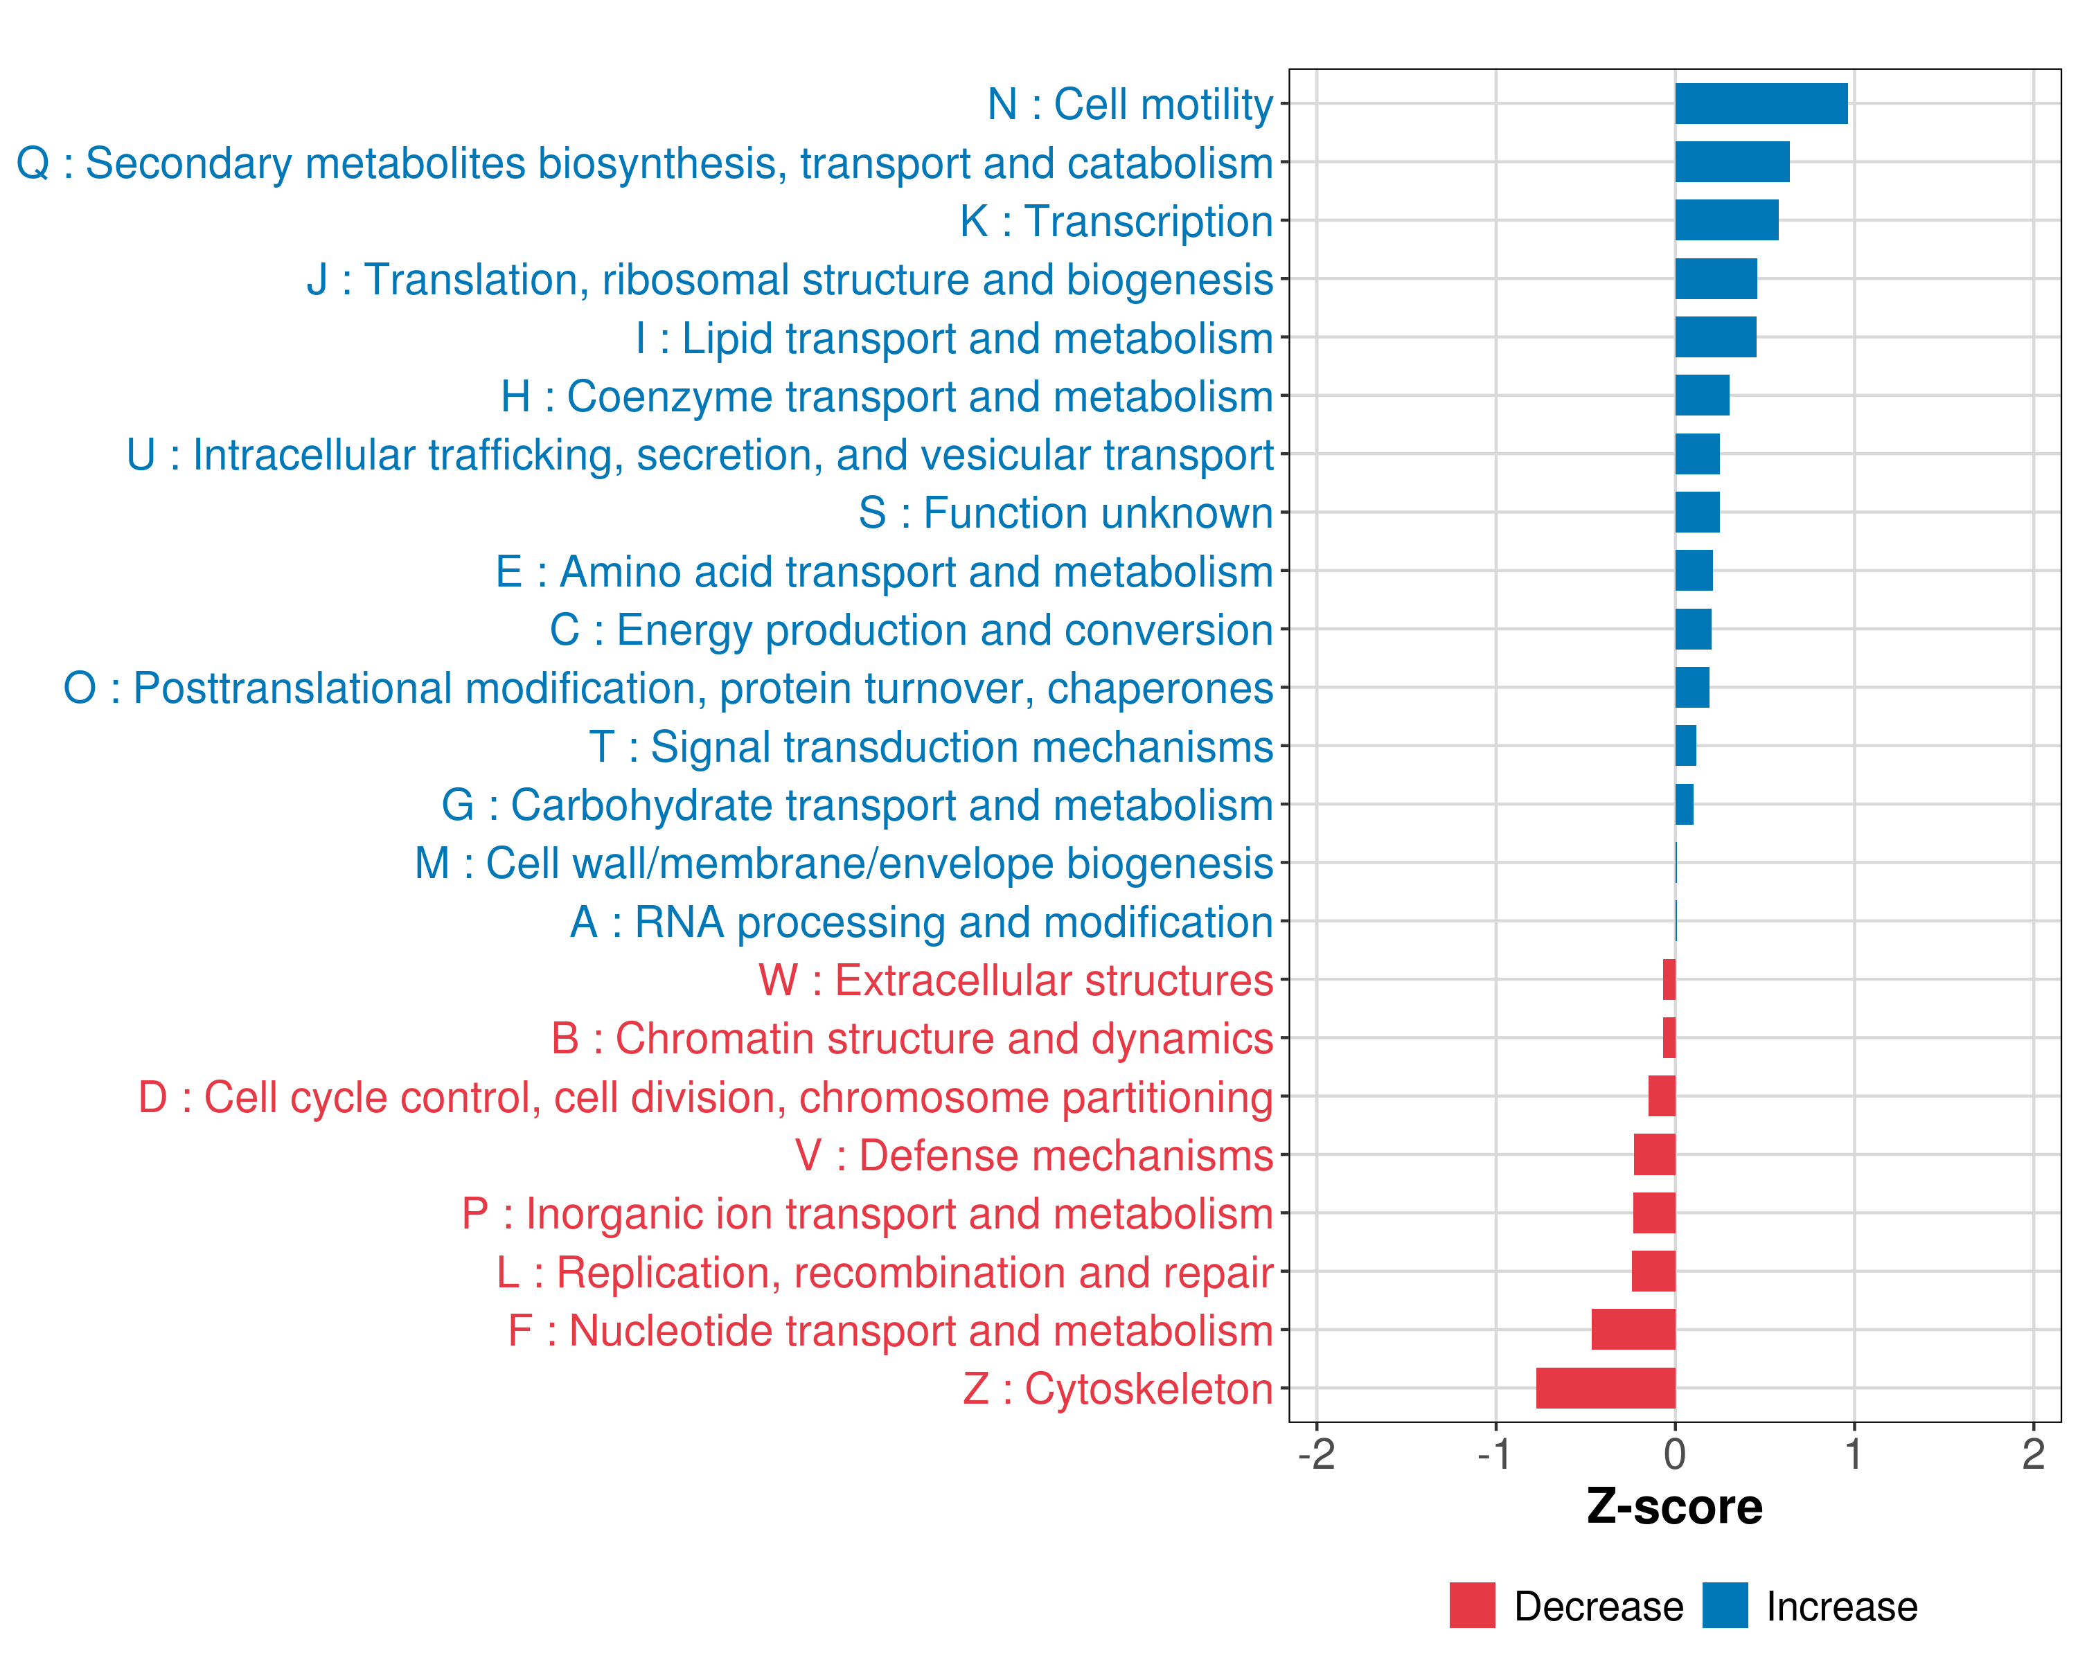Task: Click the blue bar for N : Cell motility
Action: click(1761, 104)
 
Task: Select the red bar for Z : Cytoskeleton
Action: click(1606, 1388)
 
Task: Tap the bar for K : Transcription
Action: click(1726, 221)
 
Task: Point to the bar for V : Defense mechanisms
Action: click(1654, 1154)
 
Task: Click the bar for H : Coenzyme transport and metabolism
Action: click(1702, 396)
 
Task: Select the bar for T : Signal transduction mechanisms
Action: click(1686, 746)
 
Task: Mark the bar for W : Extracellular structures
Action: click(1669, 980)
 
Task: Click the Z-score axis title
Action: click(1675, 1507)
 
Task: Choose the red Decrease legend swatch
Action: click(1472, 1605)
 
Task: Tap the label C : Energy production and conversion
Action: click(912, 630)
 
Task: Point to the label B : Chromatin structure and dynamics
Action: click(912, 1039)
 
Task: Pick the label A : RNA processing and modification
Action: click(921, 922)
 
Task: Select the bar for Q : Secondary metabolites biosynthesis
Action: click(1732, 162)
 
